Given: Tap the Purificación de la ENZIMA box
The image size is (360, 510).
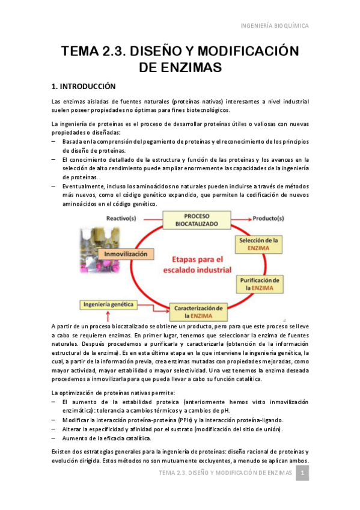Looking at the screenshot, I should click(258, 284).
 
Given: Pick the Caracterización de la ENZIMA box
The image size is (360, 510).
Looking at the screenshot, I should click(198, 311).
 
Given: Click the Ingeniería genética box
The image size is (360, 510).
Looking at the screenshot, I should click(109, 304).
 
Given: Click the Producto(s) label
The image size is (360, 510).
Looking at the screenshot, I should click(272, 218).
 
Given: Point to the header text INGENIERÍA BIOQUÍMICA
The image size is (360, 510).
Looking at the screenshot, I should click(275, 26).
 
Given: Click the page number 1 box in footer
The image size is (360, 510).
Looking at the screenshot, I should click(304, 474).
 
